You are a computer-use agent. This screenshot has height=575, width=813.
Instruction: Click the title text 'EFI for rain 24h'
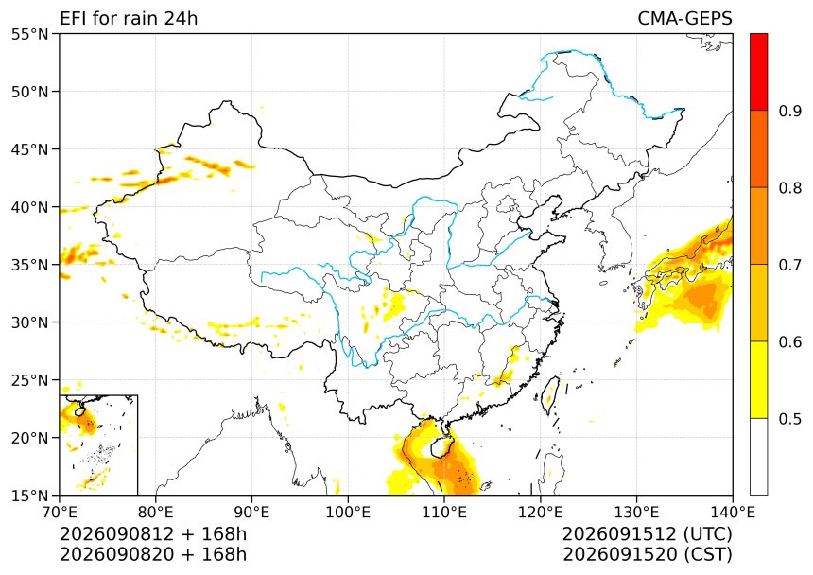[x=129, y=18]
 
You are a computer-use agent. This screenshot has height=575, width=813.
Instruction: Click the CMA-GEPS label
[x=684, y=18]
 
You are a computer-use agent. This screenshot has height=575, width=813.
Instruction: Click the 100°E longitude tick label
[x=348, y=513]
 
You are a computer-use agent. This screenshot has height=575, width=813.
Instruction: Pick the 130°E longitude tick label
[x=637, y=513]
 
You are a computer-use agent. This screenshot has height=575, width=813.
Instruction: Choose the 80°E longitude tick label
[x=156, y=513]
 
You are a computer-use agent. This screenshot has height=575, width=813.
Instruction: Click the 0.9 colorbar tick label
[x=789, y=111]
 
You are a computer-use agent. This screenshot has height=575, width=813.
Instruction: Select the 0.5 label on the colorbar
[x=789, y=418]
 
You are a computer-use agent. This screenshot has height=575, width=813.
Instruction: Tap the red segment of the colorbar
[x=758, y=72]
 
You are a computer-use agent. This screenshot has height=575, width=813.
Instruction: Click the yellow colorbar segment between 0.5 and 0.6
[x=758, y=379]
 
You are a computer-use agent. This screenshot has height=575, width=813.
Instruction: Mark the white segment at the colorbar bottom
[x=758, y=456]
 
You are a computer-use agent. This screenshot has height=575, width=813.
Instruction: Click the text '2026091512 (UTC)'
[x=647, y=533]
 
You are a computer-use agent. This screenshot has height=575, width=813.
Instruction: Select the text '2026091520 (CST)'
[x=647, y=554]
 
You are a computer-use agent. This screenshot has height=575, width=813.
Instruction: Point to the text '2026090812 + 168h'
[x=153, y=533]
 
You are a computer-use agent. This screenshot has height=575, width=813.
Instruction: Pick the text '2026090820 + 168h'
[x=153, y=554]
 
